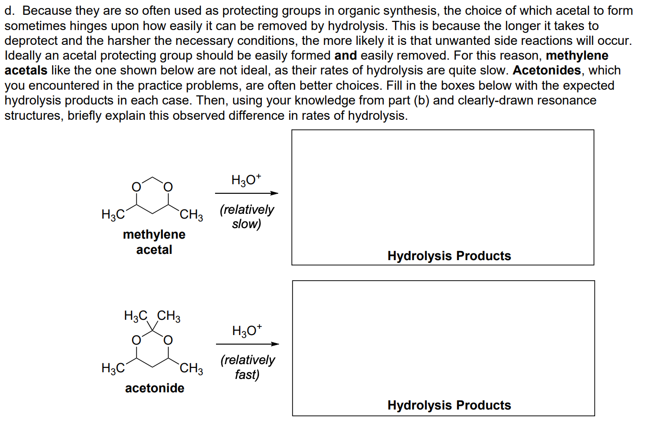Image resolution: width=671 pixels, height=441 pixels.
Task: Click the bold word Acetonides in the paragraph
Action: point(547,70)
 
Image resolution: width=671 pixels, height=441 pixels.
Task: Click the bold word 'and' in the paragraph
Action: point(346,56)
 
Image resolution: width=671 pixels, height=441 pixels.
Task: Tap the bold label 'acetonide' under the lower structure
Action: point(154,388)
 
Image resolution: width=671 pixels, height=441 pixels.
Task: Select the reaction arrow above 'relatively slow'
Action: point(247,193)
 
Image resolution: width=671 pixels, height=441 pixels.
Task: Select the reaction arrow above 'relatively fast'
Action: point(248,344)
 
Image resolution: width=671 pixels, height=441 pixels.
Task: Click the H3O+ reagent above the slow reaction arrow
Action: point(246,180)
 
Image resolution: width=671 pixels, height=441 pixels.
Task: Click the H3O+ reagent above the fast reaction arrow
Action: point(247,331)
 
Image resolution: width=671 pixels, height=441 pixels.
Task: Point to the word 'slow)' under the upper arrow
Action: point(247,224)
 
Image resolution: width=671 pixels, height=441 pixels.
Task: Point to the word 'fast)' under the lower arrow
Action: point(247,375)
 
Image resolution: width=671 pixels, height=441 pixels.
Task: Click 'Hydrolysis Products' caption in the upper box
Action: point(449,256)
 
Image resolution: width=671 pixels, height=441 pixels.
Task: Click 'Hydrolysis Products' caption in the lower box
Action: point(449,405)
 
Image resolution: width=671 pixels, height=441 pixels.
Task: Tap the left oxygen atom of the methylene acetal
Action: point(136,187)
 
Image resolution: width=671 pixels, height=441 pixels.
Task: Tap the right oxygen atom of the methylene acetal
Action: point(168,187)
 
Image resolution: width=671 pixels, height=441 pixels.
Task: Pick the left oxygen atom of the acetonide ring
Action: point(136,340)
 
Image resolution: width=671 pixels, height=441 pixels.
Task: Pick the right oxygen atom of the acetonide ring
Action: point(168,340)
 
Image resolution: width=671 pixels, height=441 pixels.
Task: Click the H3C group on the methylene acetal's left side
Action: point(113,215)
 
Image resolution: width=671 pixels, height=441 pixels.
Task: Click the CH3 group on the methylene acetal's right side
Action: point(191,215)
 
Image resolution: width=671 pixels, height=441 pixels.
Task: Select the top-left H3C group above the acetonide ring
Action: point(136,316)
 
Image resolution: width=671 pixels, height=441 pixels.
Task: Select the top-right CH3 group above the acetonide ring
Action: point(169,316)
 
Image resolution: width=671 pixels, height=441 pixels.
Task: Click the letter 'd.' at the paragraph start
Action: point(10,11)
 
